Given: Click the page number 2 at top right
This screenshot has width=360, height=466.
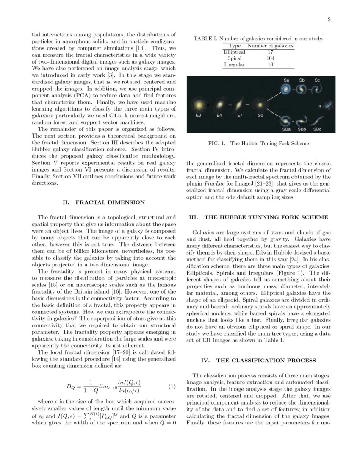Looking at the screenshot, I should [x=328, y=19].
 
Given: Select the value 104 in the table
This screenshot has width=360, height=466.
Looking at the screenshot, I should [x=270, y=58].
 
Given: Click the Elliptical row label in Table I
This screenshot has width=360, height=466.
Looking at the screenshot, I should [x=234, y=52].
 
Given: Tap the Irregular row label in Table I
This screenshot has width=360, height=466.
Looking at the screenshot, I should [x=234, y=64].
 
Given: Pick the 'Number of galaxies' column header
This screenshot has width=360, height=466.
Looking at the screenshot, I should [x=270, y=45].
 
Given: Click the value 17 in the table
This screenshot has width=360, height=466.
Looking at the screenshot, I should [x=270, y=52].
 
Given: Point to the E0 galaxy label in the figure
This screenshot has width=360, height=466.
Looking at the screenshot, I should [x=197, y=115].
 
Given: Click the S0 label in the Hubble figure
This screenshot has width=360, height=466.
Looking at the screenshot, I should [x=260, y=115].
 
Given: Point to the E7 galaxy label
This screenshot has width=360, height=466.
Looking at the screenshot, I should [x=239, y=115].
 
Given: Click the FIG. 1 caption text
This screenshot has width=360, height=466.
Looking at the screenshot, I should [x=258, y=144].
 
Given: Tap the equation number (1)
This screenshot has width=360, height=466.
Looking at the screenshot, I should [x=172, y=386].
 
